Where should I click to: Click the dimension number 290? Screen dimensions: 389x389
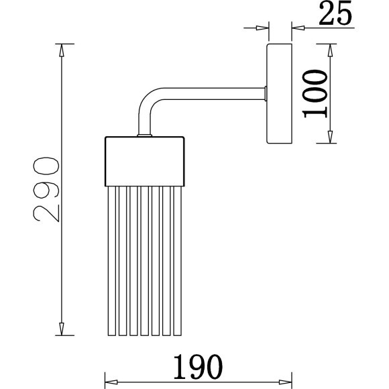pos(46,189)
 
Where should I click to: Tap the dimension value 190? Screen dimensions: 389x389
pos(198,367)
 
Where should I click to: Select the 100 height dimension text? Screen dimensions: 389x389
pos(315,93)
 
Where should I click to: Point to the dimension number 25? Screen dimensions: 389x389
pos(335,13)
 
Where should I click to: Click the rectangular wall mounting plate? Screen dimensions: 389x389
pos(279,93)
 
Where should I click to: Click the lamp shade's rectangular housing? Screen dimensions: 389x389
pos(145,161)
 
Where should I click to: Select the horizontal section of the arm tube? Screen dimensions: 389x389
pos(213,93)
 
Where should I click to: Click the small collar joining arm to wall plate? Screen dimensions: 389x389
pos(266,93)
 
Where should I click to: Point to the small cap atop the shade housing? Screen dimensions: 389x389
pos(145,135)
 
